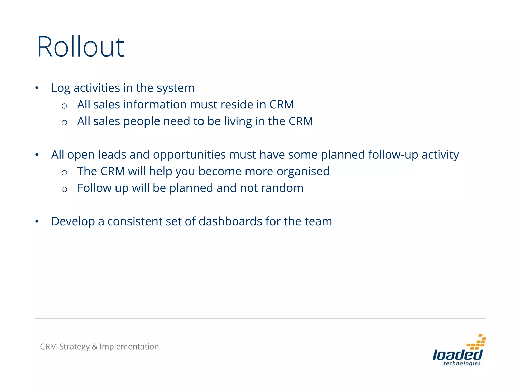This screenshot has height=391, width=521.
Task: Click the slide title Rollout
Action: click(81, 47)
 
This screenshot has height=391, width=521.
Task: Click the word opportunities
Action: click(189, 155)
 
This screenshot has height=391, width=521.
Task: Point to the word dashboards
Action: click(230, 221)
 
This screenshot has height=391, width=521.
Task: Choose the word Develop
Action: click(73, 222)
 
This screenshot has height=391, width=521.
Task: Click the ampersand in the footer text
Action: click(94, 347)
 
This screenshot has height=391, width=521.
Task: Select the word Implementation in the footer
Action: click(129, 347)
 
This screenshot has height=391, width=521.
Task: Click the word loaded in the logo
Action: click(457, 355)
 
